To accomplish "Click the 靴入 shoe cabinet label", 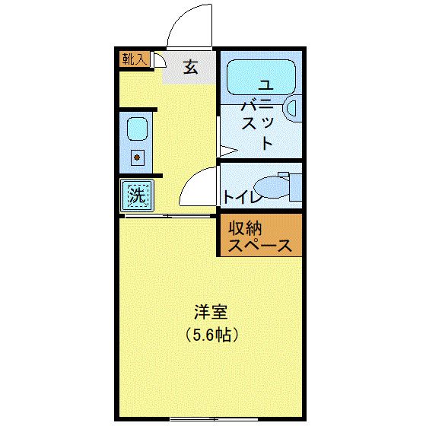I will pos(135,59).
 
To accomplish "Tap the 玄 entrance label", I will pos(190,67).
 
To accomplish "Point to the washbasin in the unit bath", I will pos(292,109).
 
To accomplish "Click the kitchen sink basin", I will pos(137,129).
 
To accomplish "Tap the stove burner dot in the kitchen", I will pos(138,158).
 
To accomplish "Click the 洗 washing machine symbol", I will pos(137,196).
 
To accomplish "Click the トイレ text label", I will pos(241,198).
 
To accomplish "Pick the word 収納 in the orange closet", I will pos(244,227).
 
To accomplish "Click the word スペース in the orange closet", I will pos(259,246).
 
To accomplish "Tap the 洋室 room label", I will pos(211,313).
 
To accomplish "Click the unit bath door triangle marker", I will pos(224,145).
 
